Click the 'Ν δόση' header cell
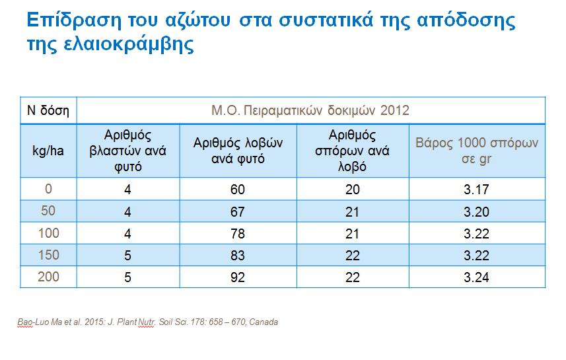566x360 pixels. tap(48, 110)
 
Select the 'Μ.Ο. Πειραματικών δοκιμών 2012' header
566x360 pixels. tap(310, 110)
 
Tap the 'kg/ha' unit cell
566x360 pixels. tap(48, 151)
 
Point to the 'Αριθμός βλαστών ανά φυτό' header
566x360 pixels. tap(127, 151)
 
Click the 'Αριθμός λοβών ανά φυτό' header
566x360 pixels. tap(238, 151)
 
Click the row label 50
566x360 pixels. tap(48, 212)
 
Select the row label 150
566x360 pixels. tap(48, 256)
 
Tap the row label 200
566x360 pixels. tap(48, 277)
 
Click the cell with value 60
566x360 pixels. tap(238, 190)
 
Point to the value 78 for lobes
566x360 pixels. tap(238, 234)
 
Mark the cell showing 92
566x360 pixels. tap(238, 277)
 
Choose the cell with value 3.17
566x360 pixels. tap(476, 190)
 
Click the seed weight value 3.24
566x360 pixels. tap(476, 277)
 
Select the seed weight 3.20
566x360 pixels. tap(476, 212)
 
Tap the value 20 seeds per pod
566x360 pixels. tap(353, 190)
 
